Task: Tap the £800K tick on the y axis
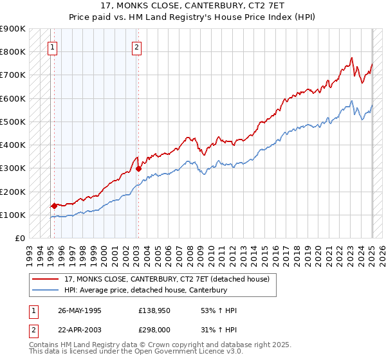[13, 51]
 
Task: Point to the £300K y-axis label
[13, 168]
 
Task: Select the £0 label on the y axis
[19, 239]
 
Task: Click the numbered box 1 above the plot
[52, 46]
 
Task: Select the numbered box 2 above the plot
[137, 46]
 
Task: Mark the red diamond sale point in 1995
[54, 206]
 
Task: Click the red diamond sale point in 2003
[138, 169]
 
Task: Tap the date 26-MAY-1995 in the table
[80, 310]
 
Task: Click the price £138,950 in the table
[154, 310]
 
